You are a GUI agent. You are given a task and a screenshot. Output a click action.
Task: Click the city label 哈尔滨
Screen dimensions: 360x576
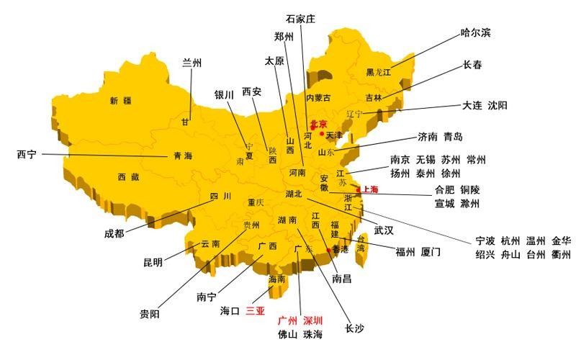click(476, 33)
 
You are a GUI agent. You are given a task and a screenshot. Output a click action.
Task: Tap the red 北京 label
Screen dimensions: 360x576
click(318, 125)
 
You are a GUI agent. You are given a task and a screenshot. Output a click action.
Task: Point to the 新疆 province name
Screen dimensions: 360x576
click(120, 101)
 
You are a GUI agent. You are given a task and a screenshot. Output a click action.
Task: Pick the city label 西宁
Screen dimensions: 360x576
click(27, 154)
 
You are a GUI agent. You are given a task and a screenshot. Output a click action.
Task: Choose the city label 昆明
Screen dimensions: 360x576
click(153, 262)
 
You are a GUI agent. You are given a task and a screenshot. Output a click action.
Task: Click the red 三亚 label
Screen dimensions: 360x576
click(256, 312)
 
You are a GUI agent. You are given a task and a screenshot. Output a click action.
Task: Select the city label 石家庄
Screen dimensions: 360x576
click(300, 19)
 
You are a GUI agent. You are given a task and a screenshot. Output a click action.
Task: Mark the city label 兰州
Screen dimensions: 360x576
click(192, 62)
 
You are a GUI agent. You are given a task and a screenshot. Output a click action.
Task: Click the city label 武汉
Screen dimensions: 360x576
click(383, 230)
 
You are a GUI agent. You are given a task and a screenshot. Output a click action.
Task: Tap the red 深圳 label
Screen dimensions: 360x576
click(312, 320)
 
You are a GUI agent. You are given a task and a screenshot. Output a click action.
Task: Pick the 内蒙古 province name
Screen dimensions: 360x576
click(318, 98)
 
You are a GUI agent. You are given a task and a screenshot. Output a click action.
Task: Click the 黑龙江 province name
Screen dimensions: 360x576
click(378, 72)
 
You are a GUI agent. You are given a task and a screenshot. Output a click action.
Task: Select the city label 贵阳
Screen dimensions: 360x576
click(150, 314)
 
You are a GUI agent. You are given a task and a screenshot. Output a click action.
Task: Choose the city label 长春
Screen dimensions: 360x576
click(472, 65)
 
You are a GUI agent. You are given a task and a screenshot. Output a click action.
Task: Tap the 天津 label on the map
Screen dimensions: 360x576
click(335, 135)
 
